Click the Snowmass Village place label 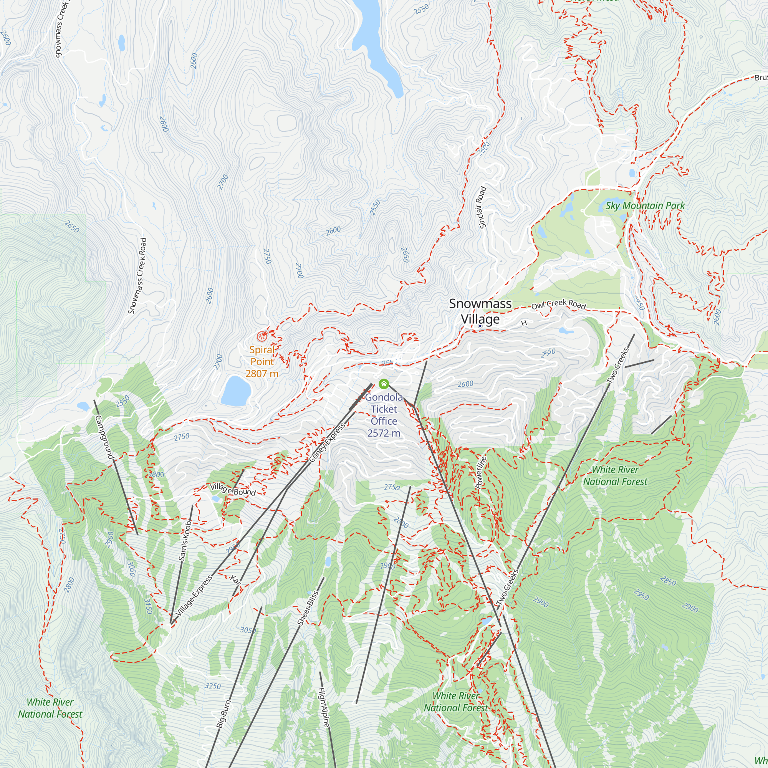coord(480,311)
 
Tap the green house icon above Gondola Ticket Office coord(384,384)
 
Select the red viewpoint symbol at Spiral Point coord(262,337)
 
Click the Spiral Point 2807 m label coord(262,362)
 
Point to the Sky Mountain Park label coord(645,206)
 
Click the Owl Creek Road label coord(558,305)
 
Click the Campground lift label coord(104,437)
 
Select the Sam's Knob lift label coord(185,541)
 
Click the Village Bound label coord(233,490)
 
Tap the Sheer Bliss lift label coord(308,608)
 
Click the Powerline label coord(481,473)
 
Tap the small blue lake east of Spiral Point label coord(236,391)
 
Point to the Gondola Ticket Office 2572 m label coord(384,415)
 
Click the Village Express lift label coord(194,597)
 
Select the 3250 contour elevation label coord(213,686)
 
